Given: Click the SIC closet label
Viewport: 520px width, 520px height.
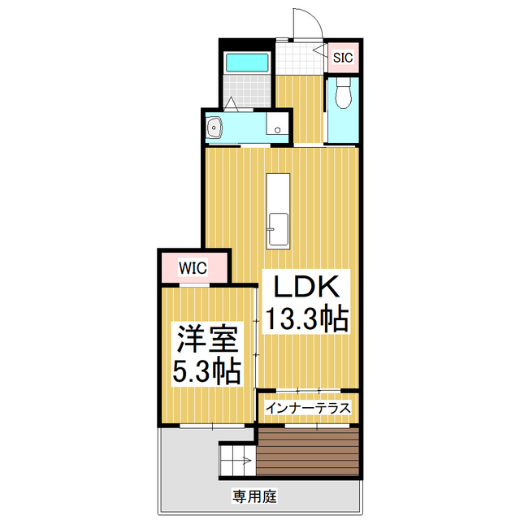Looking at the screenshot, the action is (343, 58).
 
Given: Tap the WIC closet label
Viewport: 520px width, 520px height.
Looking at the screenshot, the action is (193, 268).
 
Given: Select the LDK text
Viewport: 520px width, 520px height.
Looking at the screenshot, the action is (306, 287).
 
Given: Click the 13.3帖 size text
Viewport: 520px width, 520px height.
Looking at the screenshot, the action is (307, 318).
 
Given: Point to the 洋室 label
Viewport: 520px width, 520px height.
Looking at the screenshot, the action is (208, 339).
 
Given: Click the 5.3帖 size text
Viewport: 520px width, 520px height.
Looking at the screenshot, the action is (206, 371).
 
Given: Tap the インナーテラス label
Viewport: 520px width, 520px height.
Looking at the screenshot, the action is (308, 408).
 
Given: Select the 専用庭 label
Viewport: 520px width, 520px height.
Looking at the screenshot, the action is (254, 496).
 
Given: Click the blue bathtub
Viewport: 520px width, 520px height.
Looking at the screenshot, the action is (247, 63).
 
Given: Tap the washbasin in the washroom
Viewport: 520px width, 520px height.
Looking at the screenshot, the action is (214, 127).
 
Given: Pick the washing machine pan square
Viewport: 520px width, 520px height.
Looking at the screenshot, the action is (277, 123).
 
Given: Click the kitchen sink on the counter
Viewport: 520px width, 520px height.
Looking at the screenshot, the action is (278, 229).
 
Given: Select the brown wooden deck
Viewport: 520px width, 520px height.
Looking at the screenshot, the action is (308, 453).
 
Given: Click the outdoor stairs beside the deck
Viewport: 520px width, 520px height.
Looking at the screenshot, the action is (237, 461).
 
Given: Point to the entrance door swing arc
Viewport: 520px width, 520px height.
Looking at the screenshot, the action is (313, 18).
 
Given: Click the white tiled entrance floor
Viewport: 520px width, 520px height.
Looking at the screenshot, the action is (300, 58).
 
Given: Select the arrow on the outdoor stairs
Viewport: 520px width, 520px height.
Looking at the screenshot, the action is (248, 461).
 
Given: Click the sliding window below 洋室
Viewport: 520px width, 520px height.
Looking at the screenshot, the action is (212, 426).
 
